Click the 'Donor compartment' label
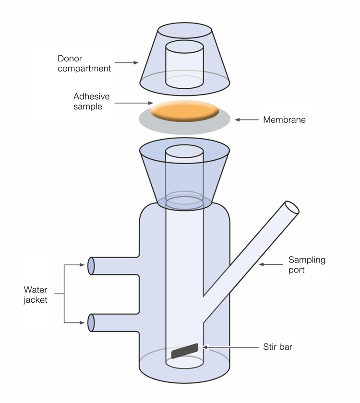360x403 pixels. pyautogui.click(x=84, y=63)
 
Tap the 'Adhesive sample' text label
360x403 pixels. pyautogui.click(x=91, y=101)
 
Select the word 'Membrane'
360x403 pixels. pyautogui.click(x=284, y=120)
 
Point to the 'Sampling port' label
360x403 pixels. pyautogui.click(x=307, y=265)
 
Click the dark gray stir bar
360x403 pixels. pyautogui.click(x=185, y=351)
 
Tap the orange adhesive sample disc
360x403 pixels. pyautogui.click(x=185, y=111)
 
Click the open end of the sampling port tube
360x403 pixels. pyautogui.click(x=291, y=207)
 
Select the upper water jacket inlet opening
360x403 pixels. pyautogui.click(x=91, y=266)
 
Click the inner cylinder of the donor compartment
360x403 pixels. pyautogui.click(x=184, y=64)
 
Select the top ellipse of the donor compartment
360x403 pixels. pyautogui.click(x=184, y=30)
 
